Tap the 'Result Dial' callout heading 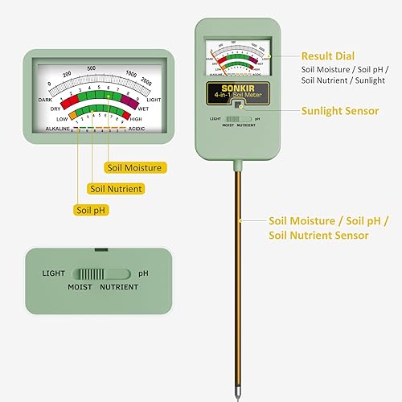(x=326, y=56)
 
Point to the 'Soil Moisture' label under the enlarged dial (x=134, y=167)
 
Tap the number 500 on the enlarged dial (x=92, y=68)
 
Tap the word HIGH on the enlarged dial (x=146, y=119)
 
